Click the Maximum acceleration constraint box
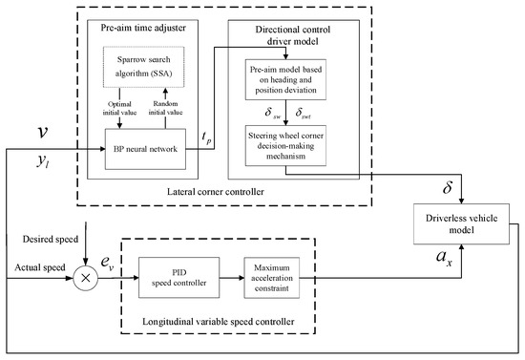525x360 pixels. [x=271, y=278]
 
